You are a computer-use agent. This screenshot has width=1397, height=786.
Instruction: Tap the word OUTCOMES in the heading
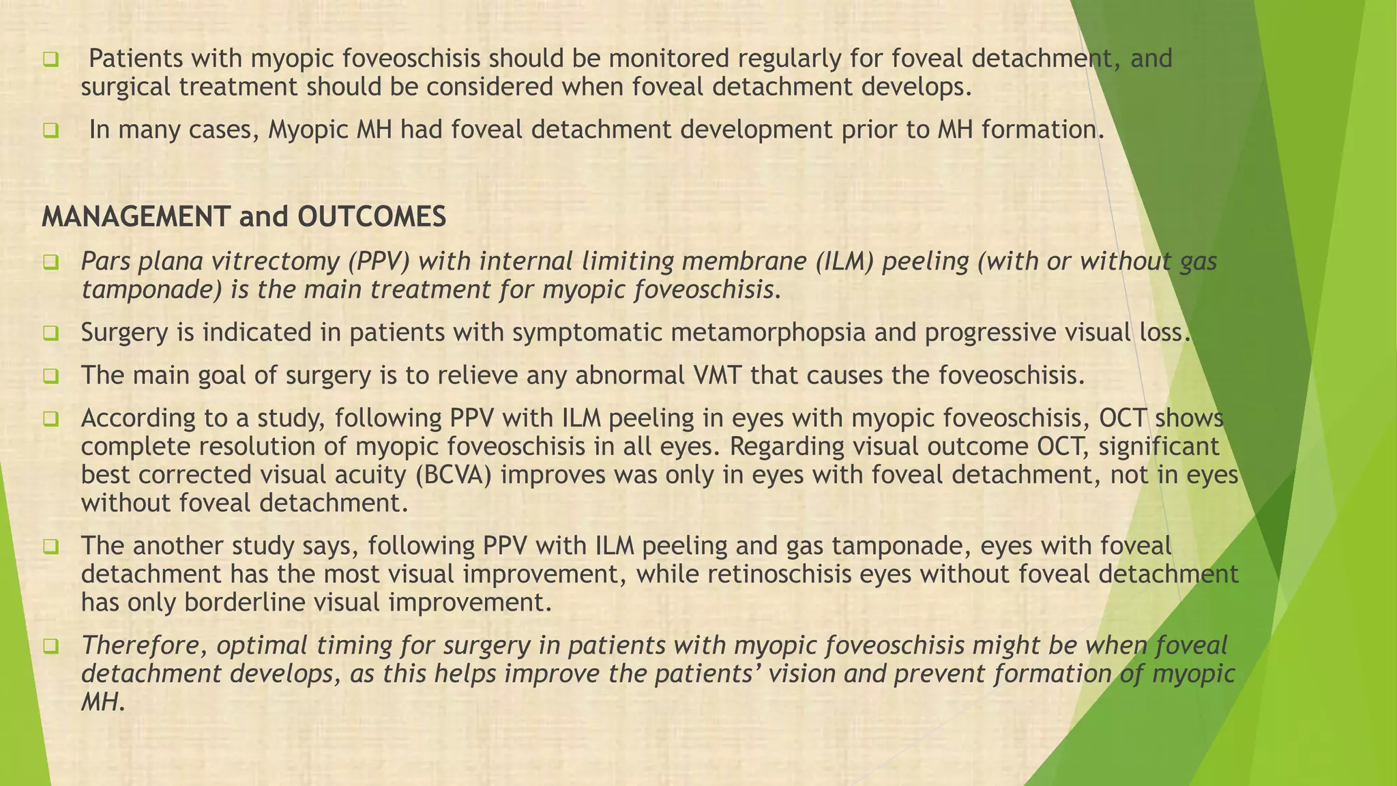[x=372, y=217]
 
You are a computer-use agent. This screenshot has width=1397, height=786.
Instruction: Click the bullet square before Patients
[x=50, y=60]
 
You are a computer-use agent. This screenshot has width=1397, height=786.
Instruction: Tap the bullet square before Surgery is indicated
[x=50, y=334]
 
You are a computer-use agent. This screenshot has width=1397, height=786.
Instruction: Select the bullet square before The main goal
[x=50, y=376]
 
